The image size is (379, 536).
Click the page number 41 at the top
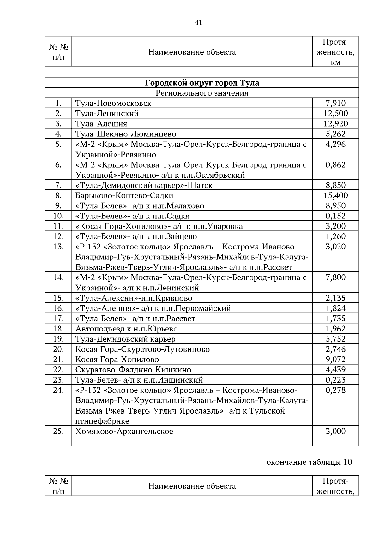point(198,22)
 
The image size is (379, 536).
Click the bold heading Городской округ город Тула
point(202,83)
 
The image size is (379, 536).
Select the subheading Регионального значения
point(202,93)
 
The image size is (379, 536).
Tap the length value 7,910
point(335,103)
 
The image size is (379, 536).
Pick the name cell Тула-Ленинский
point(107,113)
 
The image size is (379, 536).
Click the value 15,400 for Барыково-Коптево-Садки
point(335,195)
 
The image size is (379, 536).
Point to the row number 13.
point(58,247)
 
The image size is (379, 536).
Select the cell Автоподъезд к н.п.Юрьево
point(126,329)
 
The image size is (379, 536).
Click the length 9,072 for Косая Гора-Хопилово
point(335,360)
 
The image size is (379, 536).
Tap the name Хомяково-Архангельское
point(124,431)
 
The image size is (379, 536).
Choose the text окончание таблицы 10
point(309,462)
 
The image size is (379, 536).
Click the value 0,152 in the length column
point(335,216)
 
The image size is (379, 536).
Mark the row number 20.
point(58,349)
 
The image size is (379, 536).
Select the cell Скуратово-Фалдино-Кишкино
point(133,370)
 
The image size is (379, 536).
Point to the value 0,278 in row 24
point(335,390)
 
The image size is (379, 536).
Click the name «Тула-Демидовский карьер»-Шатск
point(144,185)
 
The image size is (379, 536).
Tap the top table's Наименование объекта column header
point(192,52)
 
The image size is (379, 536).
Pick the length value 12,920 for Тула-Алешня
point(335,124)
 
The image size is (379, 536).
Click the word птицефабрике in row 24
point(102,421)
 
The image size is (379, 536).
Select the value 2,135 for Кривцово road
point(335,298)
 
